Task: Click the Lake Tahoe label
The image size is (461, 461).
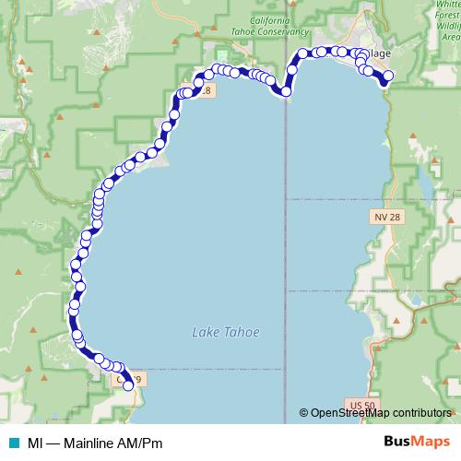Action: point(226,333)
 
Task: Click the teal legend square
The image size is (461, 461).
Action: point(10,443)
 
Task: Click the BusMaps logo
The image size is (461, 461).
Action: point(417,442)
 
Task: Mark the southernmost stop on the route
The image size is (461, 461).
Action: point(129,386)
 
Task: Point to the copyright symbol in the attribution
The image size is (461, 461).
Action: point(304,413)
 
